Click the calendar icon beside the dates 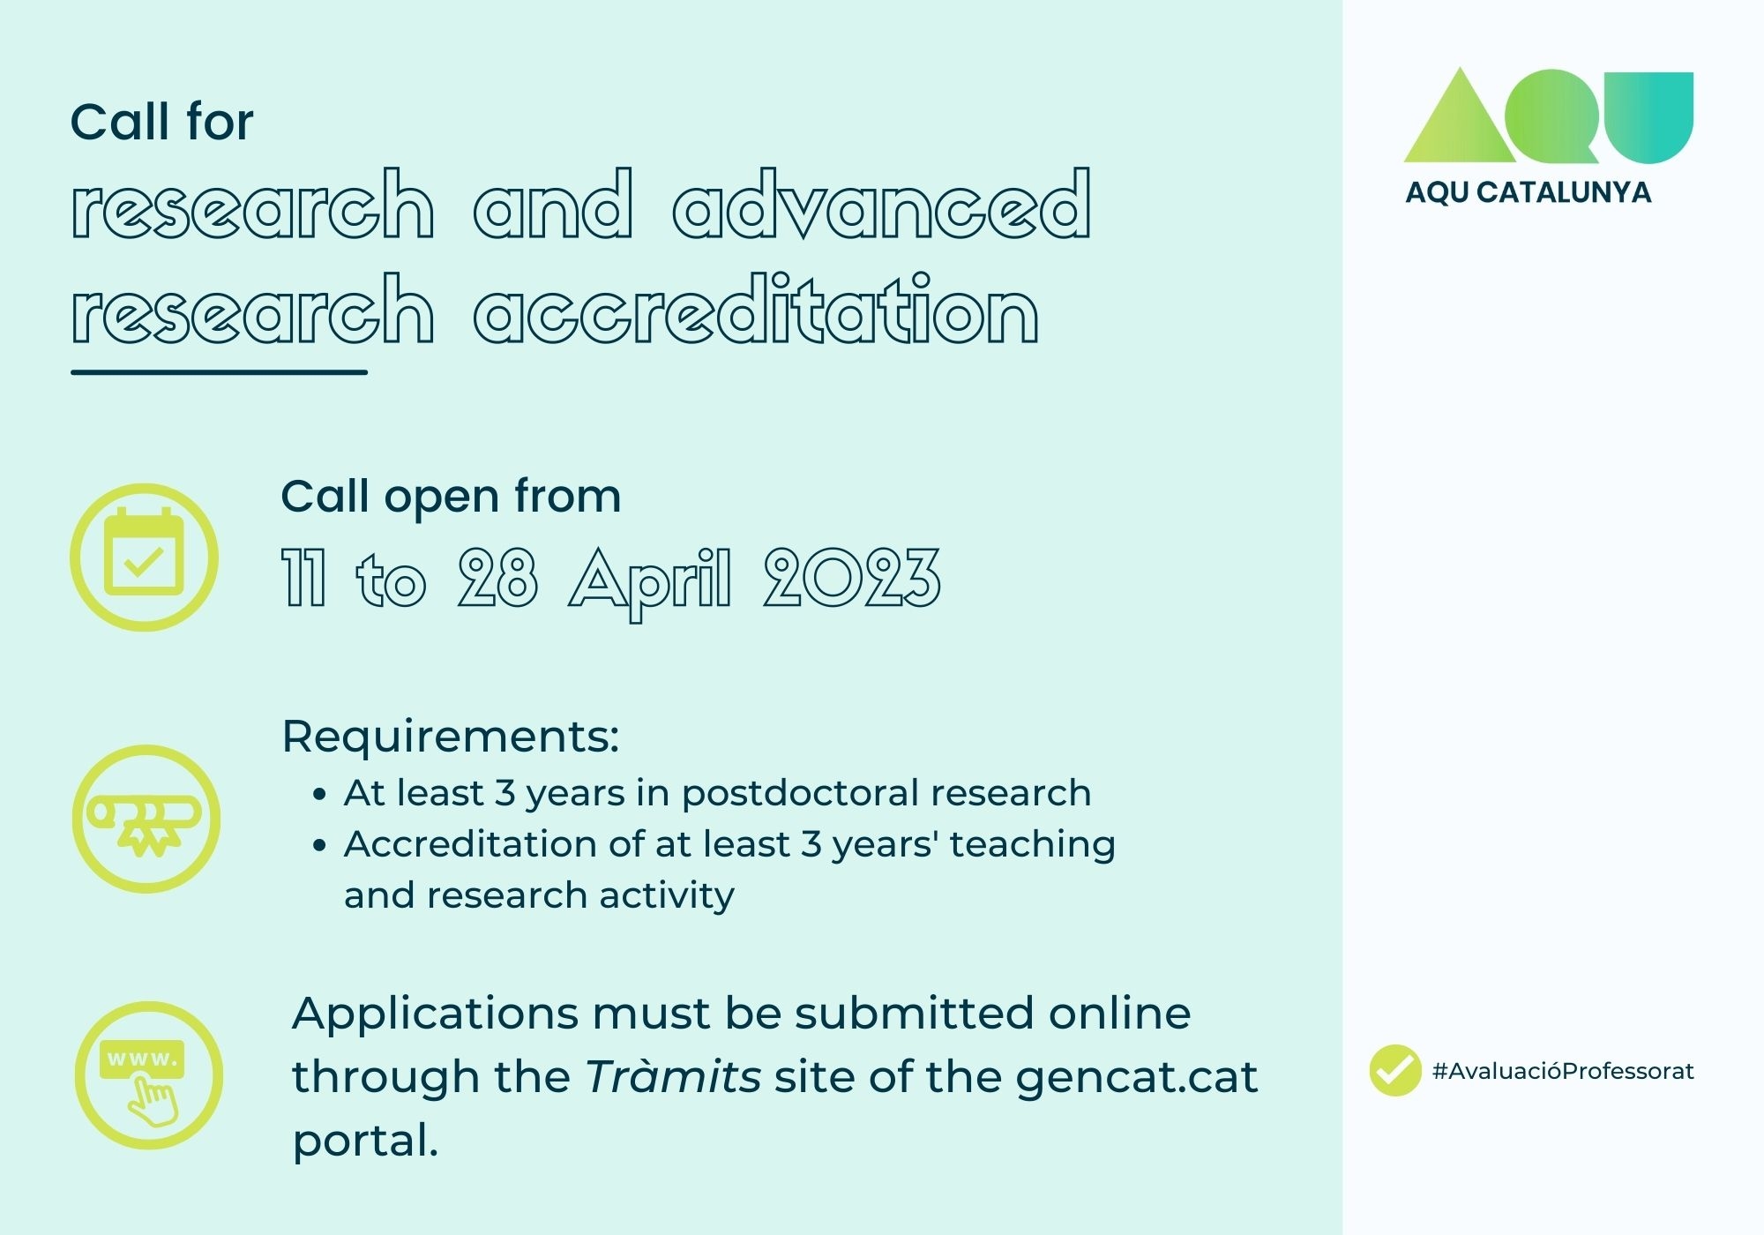click(145, 557)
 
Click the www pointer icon click(148, 1074)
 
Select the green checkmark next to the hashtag click(1395, 1070)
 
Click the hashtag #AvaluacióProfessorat click(1563, 1071)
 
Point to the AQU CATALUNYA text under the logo click(1528, 192)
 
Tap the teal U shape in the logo click(1646, 117)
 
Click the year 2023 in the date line click(852, 578)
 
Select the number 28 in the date click(497, 578)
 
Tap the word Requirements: click(451, 737)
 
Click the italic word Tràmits click(673, 1075)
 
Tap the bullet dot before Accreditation click(320, 846)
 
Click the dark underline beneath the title click(219, 372)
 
